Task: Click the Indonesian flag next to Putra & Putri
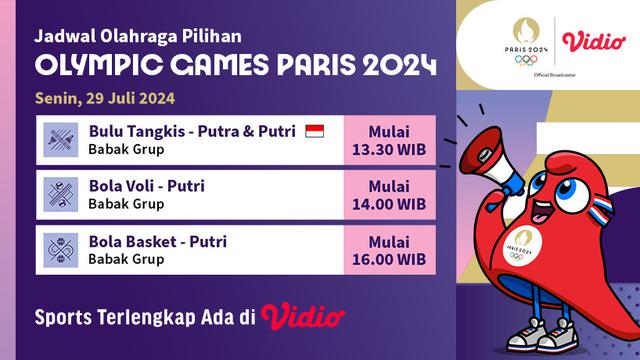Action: [x=314, y=132]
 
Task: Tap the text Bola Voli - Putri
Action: [x=147, y=186]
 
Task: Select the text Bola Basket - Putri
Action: [x=157, y=241]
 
